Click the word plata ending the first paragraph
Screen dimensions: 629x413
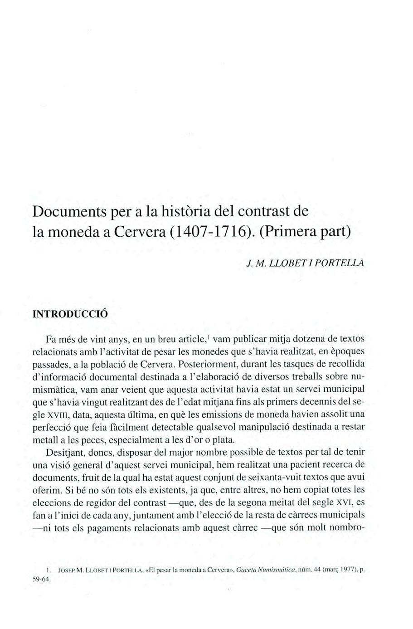(x=224, y=439)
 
